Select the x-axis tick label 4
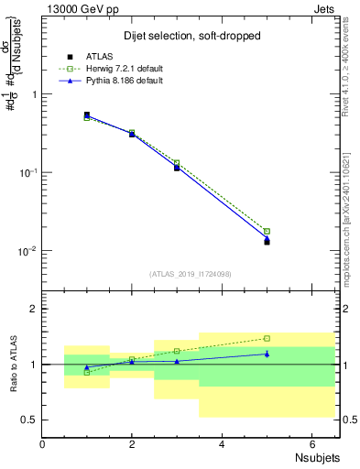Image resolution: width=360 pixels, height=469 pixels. tap(222, 444)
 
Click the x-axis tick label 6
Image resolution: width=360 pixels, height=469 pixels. tap(311, 444)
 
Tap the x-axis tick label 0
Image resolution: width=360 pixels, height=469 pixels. tap(42, 444)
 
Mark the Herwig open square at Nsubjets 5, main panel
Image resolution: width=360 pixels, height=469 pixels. tap(267, 231)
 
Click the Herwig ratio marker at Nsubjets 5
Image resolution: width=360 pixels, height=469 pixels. tap(267, 338)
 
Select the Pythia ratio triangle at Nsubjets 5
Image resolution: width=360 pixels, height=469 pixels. tap(267, 354)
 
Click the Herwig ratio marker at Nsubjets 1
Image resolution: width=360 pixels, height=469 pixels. tap(87, 372)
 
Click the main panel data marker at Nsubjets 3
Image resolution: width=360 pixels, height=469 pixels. tap(177, 167)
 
